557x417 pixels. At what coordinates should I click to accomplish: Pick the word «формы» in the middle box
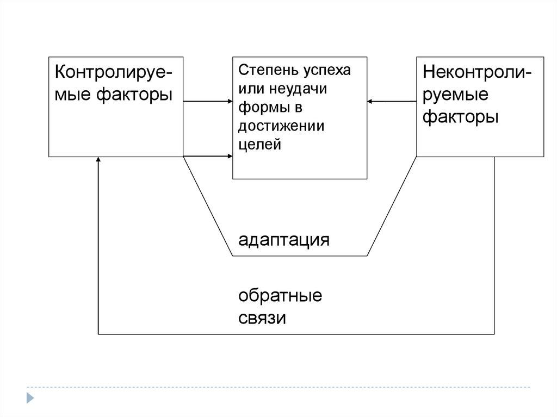click(258, 107)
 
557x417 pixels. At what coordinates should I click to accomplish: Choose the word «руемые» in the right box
click(455, 96)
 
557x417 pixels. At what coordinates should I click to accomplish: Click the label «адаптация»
click(283, 240)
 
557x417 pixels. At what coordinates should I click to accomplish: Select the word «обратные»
click(280, 296)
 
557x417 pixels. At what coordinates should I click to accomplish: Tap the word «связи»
click(262, 318)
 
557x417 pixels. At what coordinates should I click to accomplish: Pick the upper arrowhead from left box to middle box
click(229, 101)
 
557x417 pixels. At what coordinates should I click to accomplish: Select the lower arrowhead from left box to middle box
click(229, 157)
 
